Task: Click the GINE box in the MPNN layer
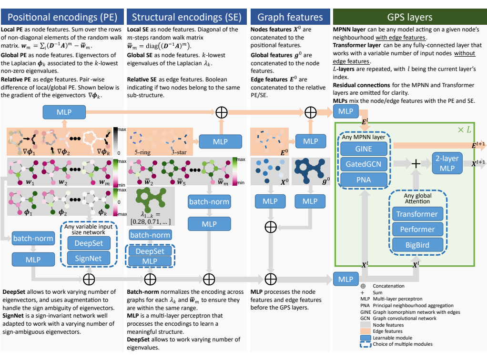click(x=364, y=149)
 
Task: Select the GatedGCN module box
click(x=364, y=164)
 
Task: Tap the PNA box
click(x=364, y=180)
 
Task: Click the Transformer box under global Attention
click(x=417, y=214)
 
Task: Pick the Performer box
click(x=417, y=229)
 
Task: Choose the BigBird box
click(x=417, y=245)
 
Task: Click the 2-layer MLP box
click(x=447, y=163)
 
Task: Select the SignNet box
click(x=89, y=259)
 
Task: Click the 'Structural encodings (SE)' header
click(x=187, y=17)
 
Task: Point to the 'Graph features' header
click(x=290, y=17)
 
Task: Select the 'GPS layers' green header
click(x=410, y=17)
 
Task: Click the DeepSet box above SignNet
click(x=89, y=243)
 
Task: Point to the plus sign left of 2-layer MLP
click(x=416, y=163)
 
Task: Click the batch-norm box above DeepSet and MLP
click(x=150, y=235)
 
